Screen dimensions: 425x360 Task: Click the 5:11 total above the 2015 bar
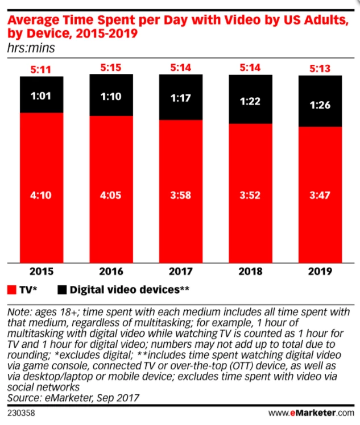pyautogui.click(x=42, y=70)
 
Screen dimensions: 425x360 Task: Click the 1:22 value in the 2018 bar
pyautogui.click(x=250, y=101)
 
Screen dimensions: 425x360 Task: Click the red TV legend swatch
pyautogui.click(x=12, y=290)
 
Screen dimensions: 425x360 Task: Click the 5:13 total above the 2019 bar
pyautogui.click(x=320, y=69)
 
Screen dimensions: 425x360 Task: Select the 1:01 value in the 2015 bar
pyautogui.click(x=42, y=95)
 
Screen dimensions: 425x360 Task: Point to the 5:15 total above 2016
pyautogui.click(x=111, y=68)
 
